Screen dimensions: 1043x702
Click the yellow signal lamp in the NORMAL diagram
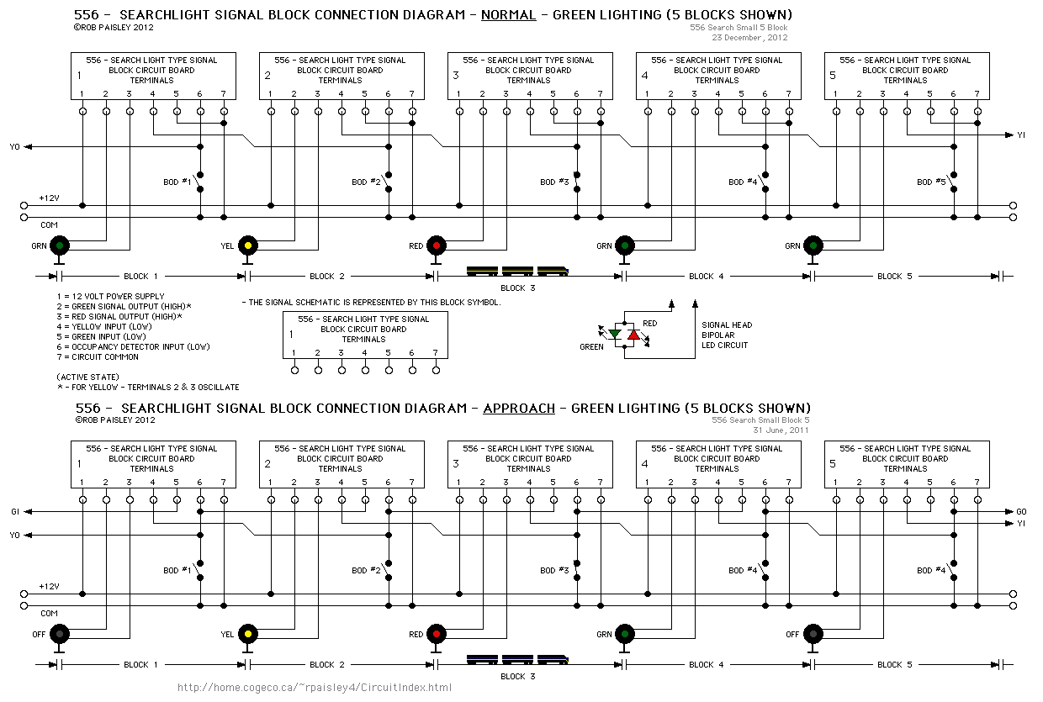(x=248, y=245)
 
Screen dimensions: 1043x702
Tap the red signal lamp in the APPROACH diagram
(x=437, y=634)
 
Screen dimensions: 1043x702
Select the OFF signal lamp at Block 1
(x=60, y=634)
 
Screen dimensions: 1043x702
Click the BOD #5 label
(x=932, y=182)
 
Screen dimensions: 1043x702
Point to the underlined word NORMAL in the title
(x=508, y=14)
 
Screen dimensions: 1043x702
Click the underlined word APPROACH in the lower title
(x=518, y=409)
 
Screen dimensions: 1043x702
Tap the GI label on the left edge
(x=15, y=511)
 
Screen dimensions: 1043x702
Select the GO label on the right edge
(x=1021, y=511)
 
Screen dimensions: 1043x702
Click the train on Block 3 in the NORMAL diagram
(x=517, y=272)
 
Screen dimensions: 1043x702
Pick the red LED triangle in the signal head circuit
(x=633, y=335)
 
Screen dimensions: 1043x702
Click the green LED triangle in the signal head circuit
(x=615, y=335)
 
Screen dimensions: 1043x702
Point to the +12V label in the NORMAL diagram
(x=49, y=198)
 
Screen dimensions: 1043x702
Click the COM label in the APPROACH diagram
(x=49, y=614)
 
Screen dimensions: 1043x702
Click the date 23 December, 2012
(x=749, y=38)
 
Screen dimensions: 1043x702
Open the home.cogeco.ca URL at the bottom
(x=315, y=688)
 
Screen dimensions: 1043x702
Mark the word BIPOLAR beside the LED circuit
(x=718, y=335)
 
